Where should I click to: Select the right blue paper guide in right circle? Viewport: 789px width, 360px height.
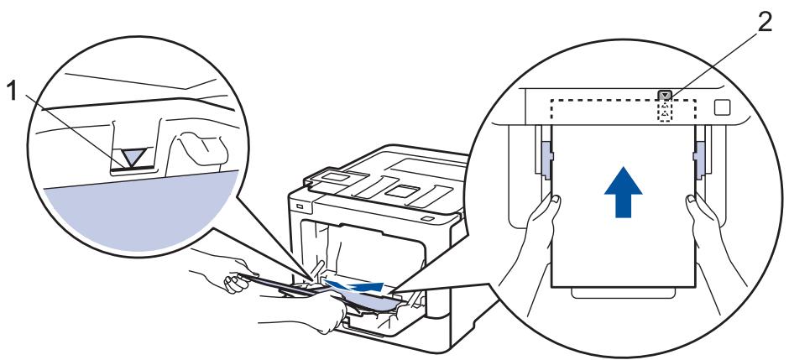coord(698,160)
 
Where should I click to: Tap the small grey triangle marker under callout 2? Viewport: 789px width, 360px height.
coord(666,97)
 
